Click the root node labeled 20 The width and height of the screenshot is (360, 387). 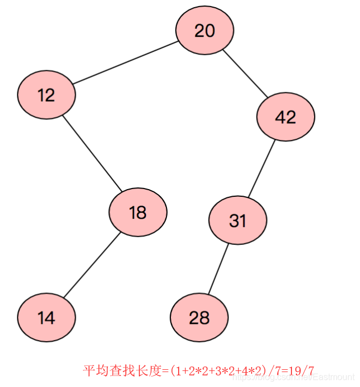(x=205, y=30)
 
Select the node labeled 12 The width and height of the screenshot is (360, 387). (x=46, y=95)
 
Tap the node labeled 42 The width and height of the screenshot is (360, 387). (x=285, y=117)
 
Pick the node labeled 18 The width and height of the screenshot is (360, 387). (x=138, y=212)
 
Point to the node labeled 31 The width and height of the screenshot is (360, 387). (x=238, y=221)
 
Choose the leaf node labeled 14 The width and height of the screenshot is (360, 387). (x=46, y=318)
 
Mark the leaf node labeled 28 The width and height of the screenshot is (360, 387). (x=199, y=318)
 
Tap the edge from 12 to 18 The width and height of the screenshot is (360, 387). (x=91, y=153)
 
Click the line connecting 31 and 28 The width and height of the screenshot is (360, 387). (x=218, y=269)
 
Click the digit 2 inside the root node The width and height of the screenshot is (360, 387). (x=199, y=31)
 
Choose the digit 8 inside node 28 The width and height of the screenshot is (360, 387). (x=205, y=318)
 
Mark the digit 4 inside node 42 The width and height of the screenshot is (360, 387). (x=280, y=117)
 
